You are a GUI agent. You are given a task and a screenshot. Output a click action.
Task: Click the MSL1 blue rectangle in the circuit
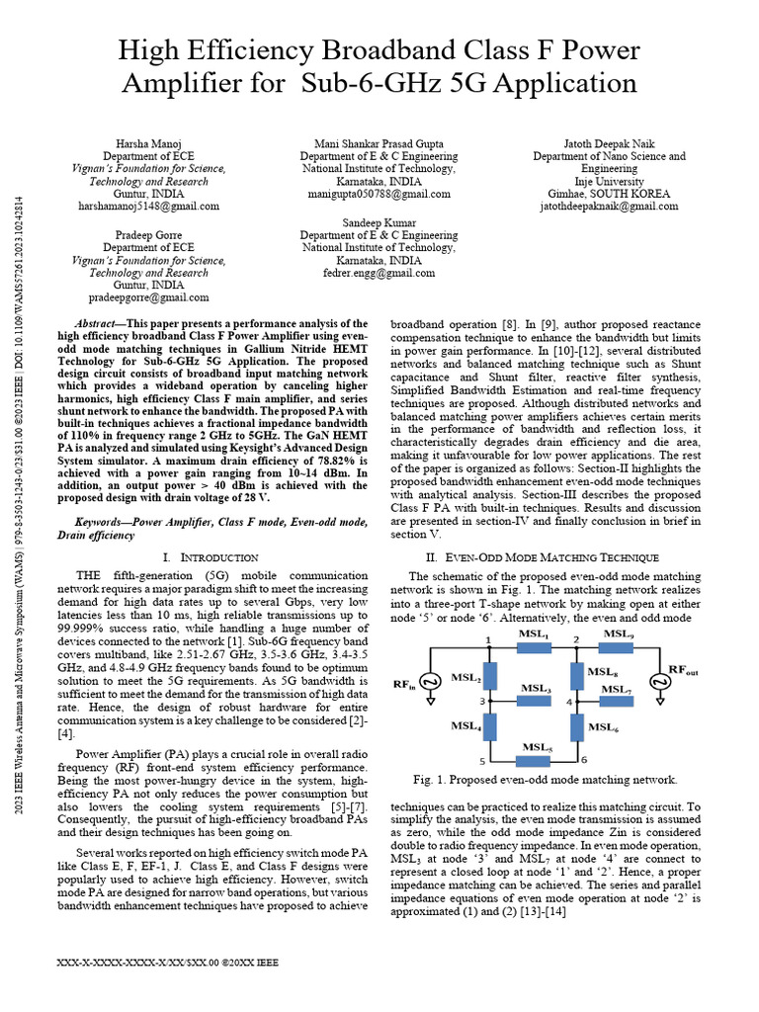pyautogui.click(x=534, y=648)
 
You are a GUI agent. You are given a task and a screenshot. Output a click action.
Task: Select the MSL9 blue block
pyautogui.click(x=620, y=648)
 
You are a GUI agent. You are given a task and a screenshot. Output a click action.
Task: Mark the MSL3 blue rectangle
pyautogui.click(x=535, y=701)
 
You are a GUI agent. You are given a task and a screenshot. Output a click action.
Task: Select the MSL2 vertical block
pyautogui.click(x=489, y=677)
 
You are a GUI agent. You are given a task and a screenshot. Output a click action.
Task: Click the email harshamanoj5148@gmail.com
pyautogui.click(x=148, y=207)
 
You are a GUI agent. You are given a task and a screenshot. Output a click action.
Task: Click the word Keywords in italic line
pyautogui.click(x=102, y=520)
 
